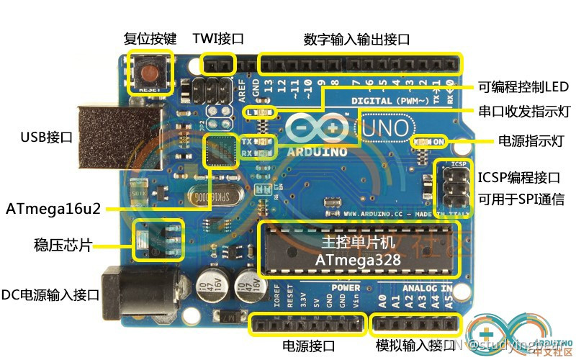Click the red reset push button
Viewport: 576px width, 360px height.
coord(150,72)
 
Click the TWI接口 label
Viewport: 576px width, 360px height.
coord(218,39)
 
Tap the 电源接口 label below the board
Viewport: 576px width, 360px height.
coord(309,346)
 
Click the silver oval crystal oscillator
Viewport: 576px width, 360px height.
coord(204,195)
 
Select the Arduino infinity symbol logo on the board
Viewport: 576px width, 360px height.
coord(318,127)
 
